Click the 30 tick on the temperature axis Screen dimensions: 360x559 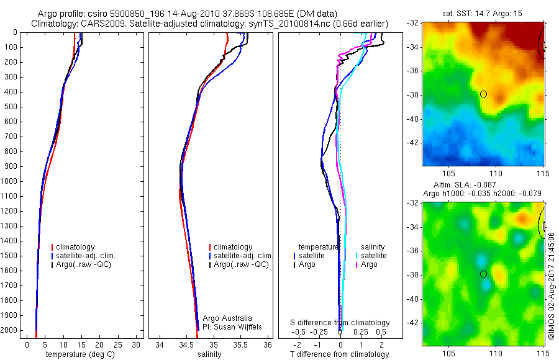coord(137,344)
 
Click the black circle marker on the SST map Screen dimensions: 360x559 coord(483,94)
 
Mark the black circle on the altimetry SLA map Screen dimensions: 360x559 coord(483,274)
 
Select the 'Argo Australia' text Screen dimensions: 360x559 coord(220,318)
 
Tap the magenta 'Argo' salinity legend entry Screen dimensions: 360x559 coord(369,264)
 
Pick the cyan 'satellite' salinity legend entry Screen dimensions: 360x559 coord(373,256)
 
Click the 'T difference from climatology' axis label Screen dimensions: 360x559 coord(340,354)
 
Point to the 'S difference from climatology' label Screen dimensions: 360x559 coord(340,323)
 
